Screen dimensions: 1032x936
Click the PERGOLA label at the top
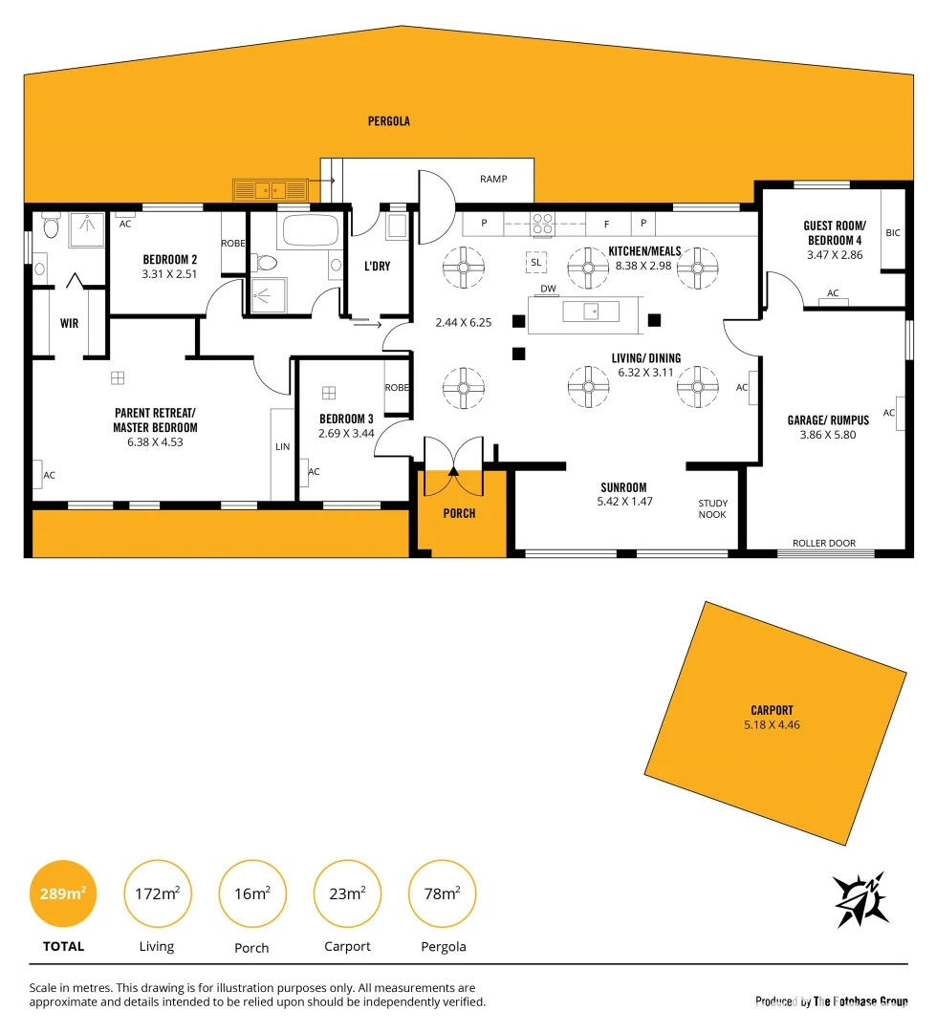[388, 121]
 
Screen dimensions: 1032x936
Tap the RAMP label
[493, 179]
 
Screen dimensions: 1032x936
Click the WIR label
[69, 324]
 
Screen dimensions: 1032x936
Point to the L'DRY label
[377, 267]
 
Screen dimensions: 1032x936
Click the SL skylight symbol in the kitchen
[535, 262]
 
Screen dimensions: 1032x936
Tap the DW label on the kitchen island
[548, 289]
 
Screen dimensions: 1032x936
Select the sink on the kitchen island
[590, 312]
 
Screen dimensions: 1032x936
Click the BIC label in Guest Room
[893, 232]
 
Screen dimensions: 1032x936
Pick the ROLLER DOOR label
[823, 543]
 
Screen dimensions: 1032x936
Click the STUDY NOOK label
[712, 508]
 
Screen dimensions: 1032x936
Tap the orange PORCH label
[459, 513]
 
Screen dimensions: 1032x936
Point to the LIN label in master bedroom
[282, 446]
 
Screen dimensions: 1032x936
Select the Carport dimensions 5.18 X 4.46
[772, 725]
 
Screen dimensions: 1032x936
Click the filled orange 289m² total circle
[63, 894]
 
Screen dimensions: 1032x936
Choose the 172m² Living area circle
[157, 894]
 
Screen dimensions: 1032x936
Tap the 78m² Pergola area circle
[442, 894]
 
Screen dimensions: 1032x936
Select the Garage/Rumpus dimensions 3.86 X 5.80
[828, 435]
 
